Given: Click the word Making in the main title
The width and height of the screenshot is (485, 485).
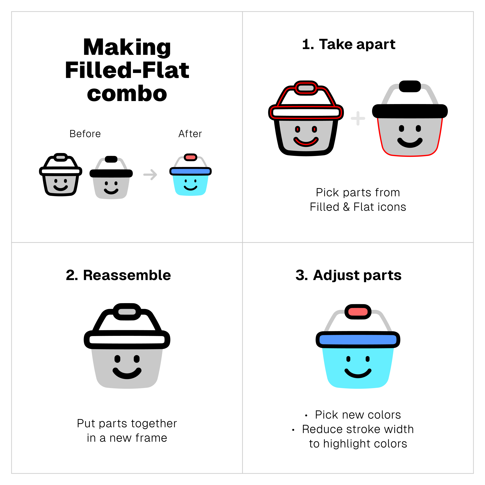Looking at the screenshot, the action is [127, 48].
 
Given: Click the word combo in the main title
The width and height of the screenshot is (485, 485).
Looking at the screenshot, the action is [127, 94].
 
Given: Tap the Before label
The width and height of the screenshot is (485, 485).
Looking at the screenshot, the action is [85, 134].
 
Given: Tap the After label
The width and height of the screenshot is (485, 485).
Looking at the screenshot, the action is [190, 134].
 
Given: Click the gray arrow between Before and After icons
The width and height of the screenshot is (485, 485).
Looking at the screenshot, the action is [150, 174].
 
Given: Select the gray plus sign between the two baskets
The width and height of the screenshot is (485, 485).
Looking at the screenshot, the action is [358, 118].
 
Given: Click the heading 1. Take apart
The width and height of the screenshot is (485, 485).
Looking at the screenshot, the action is [349, 44].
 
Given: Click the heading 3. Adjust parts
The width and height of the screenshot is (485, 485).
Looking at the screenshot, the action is [348, 275].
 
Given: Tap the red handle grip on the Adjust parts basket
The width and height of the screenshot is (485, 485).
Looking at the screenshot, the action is [358, 312].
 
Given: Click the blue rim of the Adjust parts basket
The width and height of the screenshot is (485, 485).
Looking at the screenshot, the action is [358, 340].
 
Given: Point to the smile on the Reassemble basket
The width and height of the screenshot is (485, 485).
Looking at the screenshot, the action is [127, 373].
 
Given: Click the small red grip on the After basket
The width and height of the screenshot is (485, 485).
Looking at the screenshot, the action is [190, 157].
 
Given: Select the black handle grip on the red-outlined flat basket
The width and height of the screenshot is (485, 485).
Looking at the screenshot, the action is [410, 86].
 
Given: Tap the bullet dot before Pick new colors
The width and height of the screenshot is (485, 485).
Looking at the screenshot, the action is [306, 415].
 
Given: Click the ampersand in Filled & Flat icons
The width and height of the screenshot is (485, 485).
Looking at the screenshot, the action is [346, 207].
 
